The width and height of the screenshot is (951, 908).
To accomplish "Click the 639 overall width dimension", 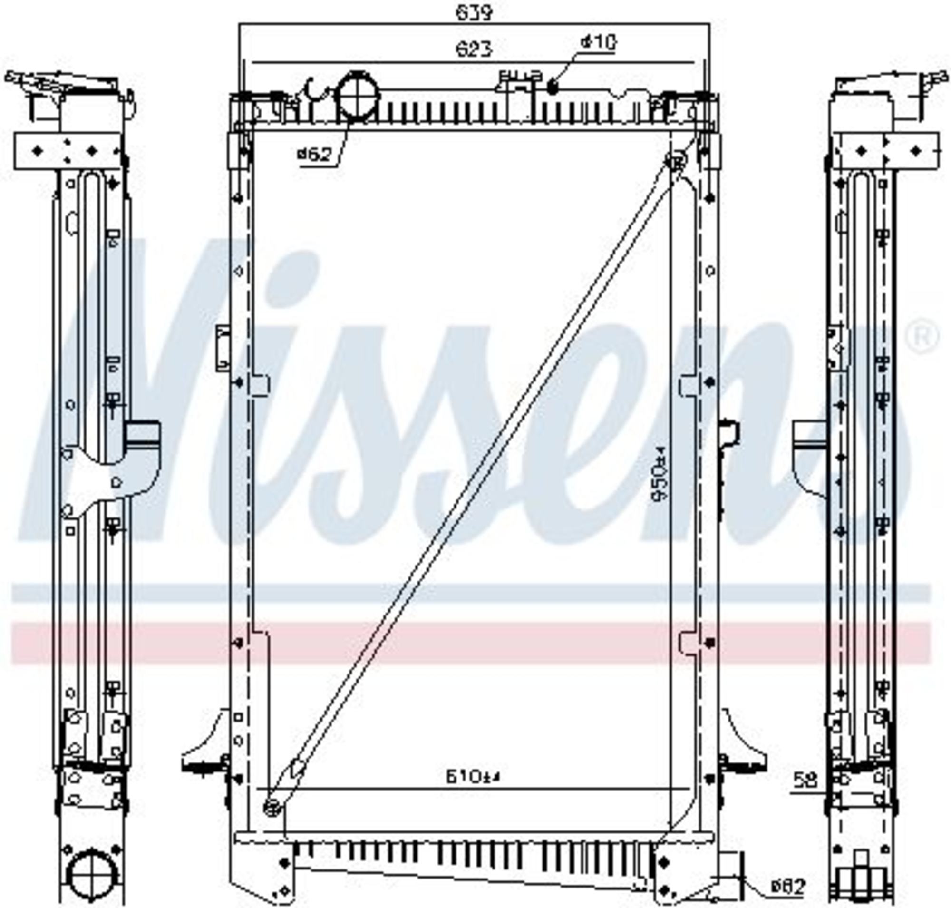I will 474,13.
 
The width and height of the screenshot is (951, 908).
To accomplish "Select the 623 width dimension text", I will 474,49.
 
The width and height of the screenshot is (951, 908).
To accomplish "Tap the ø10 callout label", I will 598,43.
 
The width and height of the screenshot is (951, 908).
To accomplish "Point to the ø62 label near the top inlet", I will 315,155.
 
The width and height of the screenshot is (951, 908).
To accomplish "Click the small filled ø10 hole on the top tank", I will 553,88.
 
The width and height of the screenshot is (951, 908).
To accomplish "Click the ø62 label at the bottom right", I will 788,886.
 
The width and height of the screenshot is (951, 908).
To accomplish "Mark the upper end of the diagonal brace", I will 675,161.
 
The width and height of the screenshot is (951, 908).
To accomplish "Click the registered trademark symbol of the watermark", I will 922,335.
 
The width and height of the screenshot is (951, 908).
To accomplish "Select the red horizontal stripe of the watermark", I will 469,642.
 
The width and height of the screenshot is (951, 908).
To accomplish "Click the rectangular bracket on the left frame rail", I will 223,348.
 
